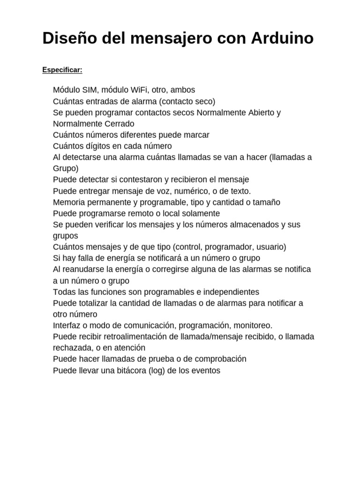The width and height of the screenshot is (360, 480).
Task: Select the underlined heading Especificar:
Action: click(x=62, y=70)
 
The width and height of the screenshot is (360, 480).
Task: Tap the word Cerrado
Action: click(x=119, y=124)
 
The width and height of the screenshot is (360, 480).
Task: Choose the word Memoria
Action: click(x=69, y=202)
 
